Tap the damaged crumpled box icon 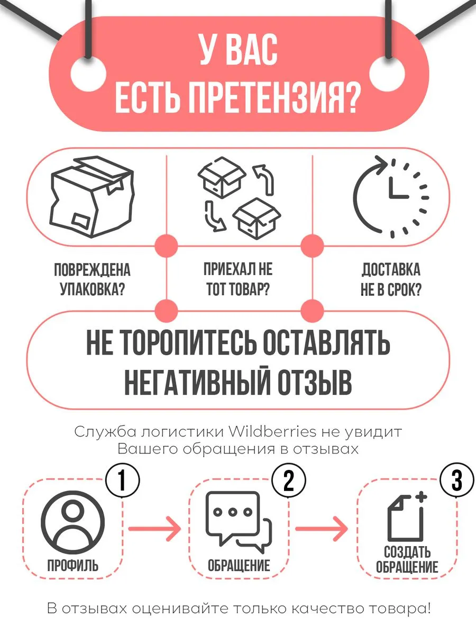(92, 197)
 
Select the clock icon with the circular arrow (391, 197)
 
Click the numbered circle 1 (123, 480)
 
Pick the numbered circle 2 (289, 480)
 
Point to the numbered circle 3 (456, 480)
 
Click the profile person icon (72, 523)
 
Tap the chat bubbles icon (239, 522)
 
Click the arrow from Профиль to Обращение (154, 529)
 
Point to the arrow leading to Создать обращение (322, 529)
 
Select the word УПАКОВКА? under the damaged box (92, 289)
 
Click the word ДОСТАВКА (391, 270)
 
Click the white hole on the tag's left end (88, 73)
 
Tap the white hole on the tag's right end (387, 73)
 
